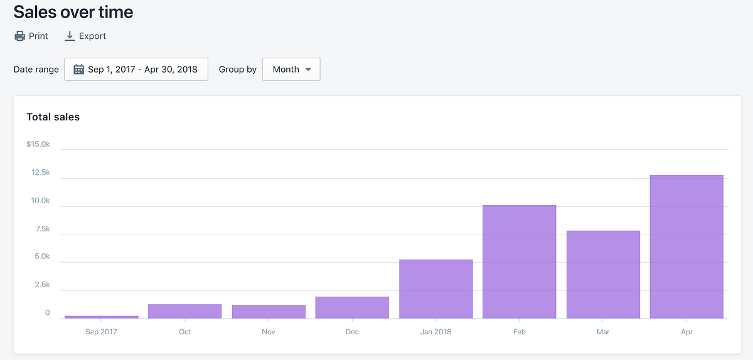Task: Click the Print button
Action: (x=31, y=36)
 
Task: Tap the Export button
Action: (x=85, y=36)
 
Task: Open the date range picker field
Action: (x=136, y=70)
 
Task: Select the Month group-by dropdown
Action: (x=291, y=70)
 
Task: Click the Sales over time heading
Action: (x=73, y=12)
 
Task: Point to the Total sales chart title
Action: (x=53, y=117)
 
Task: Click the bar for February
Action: (x=519, y=262)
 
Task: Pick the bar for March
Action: (x=603, y=275)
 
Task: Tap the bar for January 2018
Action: (x=435, y=289)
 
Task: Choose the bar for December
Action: (x=352, y=307)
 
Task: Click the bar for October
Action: (x=184, y=311)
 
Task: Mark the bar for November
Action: (x=269, y=312)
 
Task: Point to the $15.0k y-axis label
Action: (x=38, y=144)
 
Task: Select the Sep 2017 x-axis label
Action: (x=101, y=332)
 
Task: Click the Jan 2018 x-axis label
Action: (x=435, y=332)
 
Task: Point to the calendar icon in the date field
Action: (x=78, y=70)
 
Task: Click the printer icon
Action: (x=20, y=36)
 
